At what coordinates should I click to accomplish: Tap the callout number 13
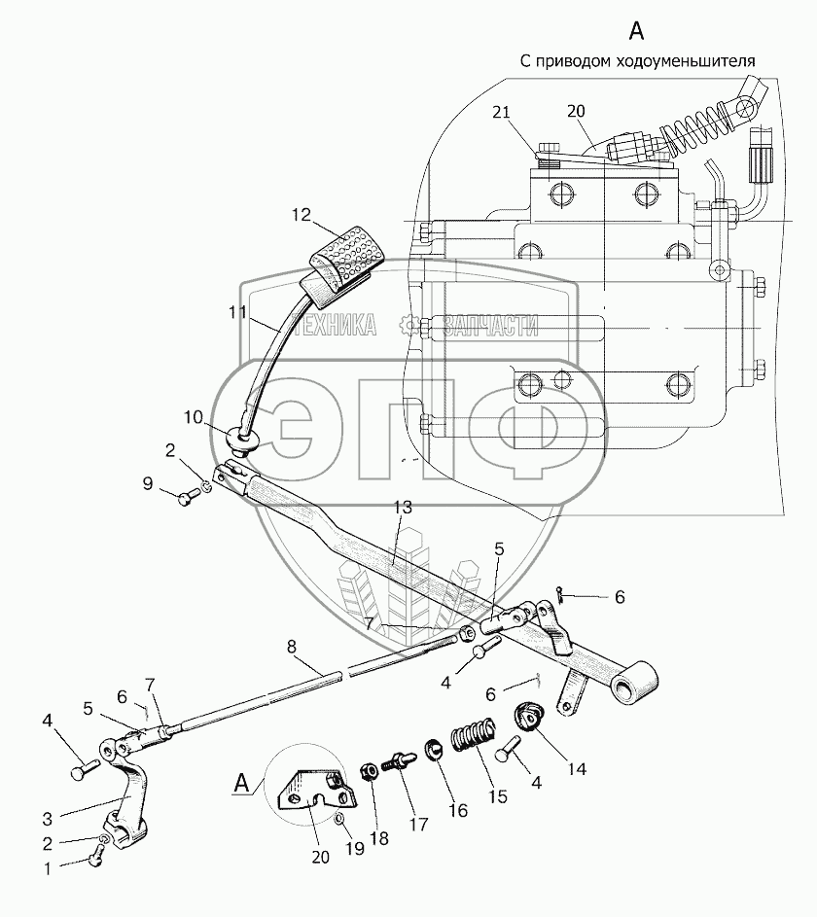tap(403, 508)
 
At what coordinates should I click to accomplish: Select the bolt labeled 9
tap(187, 498)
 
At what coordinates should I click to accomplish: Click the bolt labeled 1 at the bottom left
tap(93, 856)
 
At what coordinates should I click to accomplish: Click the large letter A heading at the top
tap(636, 30)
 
